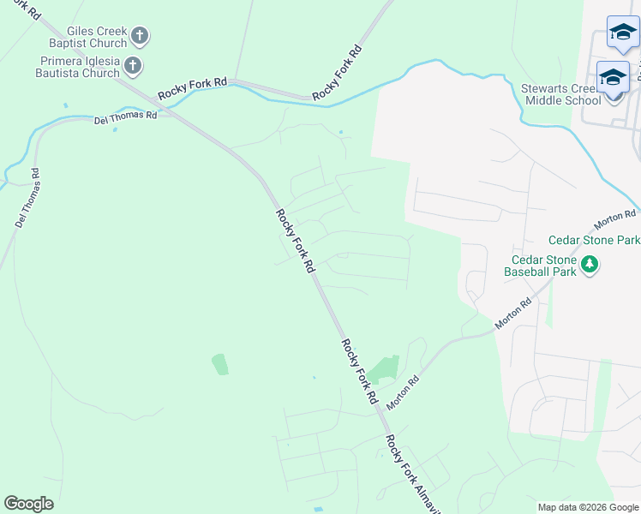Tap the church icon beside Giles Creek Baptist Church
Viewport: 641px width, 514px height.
click(x=141, y=37)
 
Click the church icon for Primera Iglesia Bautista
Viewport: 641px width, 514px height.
click(x=133, y=66)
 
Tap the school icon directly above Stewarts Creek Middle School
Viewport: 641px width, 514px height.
click(x=613, y=77)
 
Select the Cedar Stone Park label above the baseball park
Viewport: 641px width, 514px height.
click(x=594, y=240)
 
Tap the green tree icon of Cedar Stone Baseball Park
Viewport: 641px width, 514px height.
click(x=589, y=264)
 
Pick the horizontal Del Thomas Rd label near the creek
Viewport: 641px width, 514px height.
click(x=125, y=117)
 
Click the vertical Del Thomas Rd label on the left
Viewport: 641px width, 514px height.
click(x=27, y=198)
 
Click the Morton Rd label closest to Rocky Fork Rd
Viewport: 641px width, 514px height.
click(x=402, y=391)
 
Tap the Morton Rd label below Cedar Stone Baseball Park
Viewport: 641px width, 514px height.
click(x=514, y=314)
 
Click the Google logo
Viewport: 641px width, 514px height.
click(x=29, y=504)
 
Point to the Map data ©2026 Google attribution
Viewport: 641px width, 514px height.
click(x=588, y=507)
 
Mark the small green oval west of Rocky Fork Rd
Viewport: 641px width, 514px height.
click(x=220, y=364)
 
